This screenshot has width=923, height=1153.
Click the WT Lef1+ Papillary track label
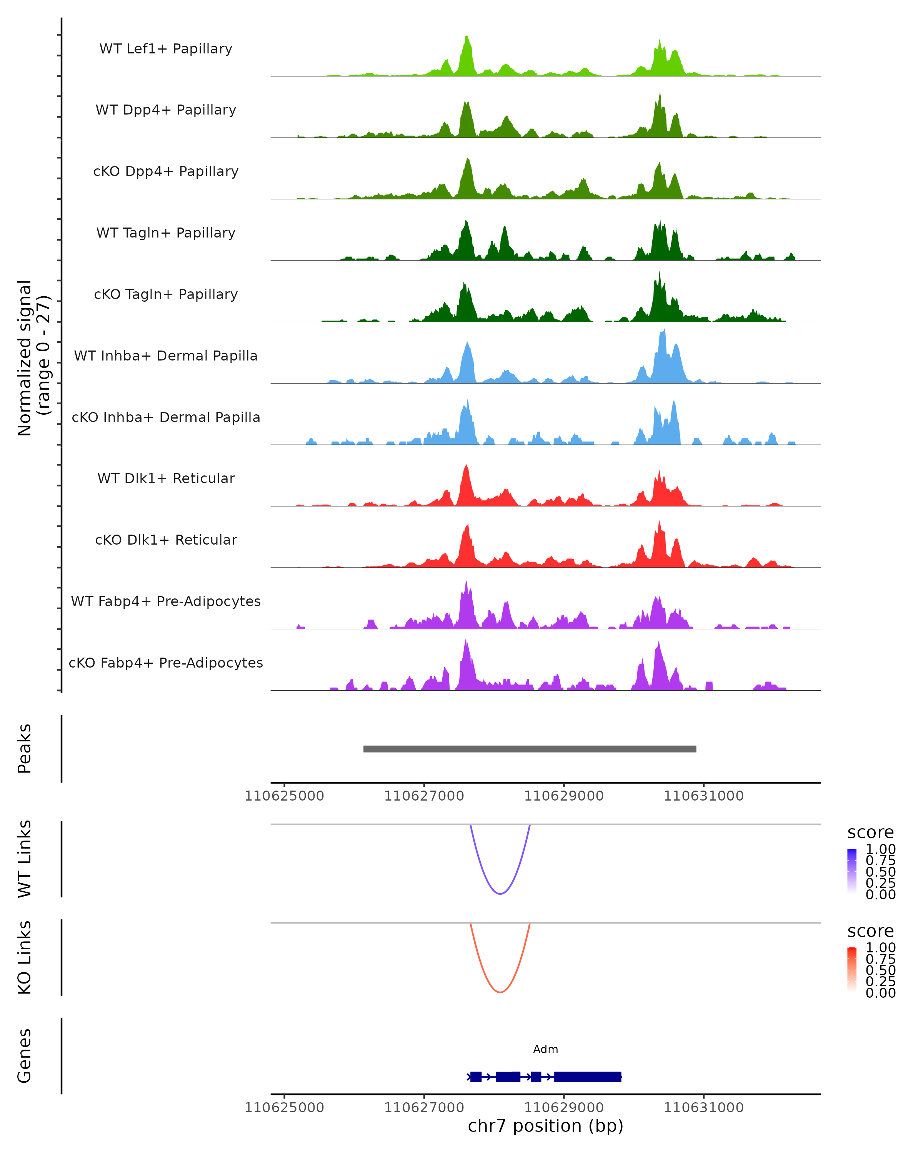[x=166, y=49]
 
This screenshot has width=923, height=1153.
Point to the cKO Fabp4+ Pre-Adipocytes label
[x=166, y=663]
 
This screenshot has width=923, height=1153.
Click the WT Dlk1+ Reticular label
[x=166, y=478]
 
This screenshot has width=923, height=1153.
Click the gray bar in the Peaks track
[x=530, y=749]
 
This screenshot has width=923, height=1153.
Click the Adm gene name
[x=545, y=1049]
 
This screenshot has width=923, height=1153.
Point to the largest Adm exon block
[x=588, y=1077]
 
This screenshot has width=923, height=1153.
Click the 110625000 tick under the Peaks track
[x=284, y=796]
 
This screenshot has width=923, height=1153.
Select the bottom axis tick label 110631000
[x=704, y=1108]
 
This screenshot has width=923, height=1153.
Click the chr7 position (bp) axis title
[x=545, y=1126]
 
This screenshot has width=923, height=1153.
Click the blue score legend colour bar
[x=852, y=871]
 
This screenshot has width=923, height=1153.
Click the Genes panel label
[x=25, y=1056]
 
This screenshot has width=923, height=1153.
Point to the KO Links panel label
[x=25, y=957]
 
